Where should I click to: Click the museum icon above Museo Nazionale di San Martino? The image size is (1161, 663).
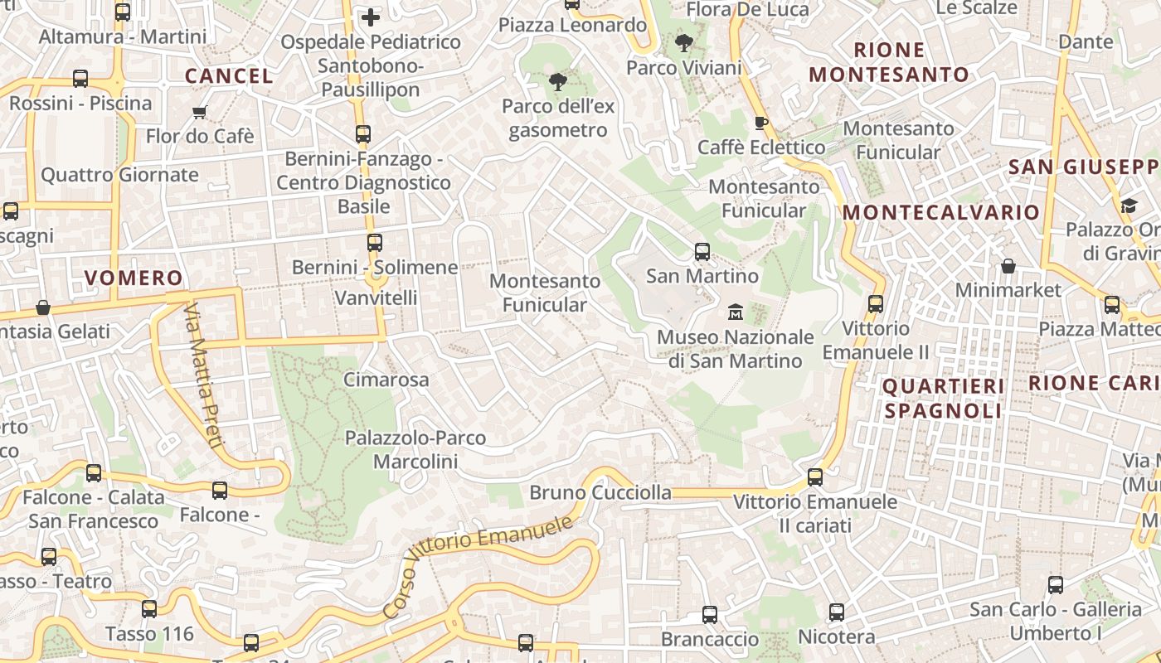(735, 312)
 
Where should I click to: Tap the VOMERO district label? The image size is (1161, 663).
(134, 278)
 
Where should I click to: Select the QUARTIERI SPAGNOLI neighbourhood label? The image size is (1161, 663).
(943, 398)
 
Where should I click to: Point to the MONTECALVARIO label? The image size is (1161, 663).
(941, 212)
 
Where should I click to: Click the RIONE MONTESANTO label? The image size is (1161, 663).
(889, 62)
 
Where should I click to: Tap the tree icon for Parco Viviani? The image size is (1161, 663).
(684, 43)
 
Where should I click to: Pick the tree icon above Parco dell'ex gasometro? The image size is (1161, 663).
(558, 81)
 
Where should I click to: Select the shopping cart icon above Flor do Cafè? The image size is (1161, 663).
(199, 112)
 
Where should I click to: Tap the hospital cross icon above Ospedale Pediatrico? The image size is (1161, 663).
(371, 17)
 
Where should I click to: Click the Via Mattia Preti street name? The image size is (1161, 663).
(202, 375)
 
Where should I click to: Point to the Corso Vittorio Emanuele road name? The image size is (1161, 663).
(478, 565)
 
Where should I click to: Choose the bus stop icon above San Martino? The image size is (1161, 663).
(702, 251)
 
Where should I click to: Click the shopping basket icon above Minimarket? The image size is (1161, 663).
(1008, 266)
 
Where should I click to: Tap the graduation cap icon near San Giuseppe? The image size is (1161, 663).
(1129, 205)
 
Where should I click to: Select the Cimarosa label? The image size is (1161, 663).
(386, 380)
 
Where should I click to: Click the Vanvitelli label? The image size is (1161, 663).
(376, 298)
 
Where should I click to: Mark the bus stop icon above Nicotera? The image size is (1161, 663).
(837, 612)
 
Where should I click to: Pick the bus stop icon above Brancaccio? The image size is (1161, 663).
(710, 615)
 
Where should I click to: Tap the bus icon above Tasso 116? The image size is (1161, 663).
(149, 609)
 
